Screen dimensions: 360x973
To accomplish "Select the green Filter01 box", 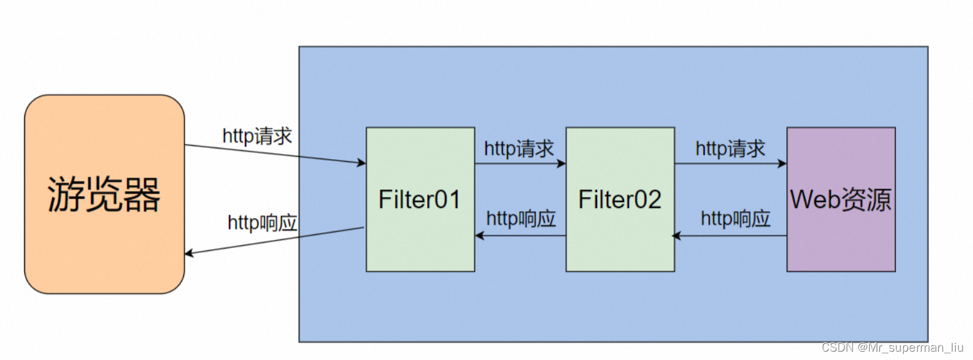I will [x=420, y=244].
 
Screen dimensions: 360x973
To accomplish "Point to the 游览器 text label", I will [x=104, y=194].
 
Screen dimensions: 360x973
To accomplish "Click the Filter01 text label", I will [x=420, y=200].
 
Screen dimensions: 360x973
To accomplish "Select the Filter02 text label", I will [x=620, y=200].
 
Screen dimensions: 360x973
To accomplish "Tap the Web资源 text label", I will [x=840, y=200].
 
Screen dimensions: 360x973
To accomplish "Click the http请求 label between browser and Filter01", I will [x=257, y=136].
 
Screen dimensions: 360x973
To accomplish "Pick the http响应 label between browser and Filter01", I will [x=262, y=223].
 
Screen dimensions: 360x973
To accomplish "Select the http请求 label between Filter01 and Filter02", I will [x=519, y=149].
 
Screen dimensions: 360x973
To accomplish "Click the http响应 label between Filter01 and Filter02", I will [x=521, y=219].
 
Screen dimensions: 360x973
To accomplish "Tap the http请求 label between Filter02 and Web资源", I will [x=731, y=149].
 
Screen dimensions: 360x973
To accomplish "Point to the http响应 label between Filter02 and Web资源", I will [x=735, y=219].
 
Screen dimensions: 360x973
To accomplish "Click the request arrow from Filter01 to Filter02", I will [x=520, y=164].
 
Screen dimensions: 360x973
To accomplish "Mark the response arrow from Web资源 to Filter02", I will [x=731, y=236].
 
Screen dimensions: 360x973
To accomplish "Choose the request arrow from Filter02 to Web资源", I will [x=731, y=164].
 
